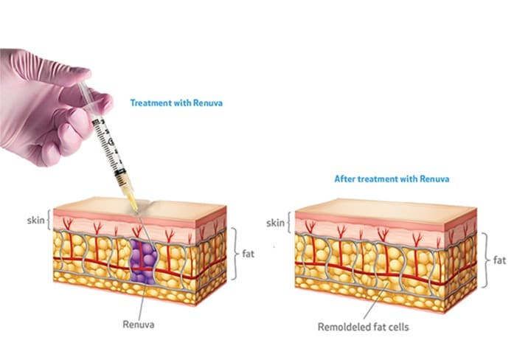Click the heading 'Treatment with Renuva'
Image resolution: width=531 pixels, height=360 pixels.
point(176,103)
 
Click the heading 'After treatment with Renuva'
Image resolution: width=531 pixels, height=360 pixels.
point(392,179)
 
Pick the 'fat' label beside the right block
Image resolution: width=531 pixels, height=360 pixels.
point(500,260)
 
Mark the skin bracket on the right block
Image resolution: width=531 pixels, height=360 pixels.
point(291,221)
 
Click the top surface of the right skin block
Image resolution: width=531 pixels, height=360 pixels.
point(383,207)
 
